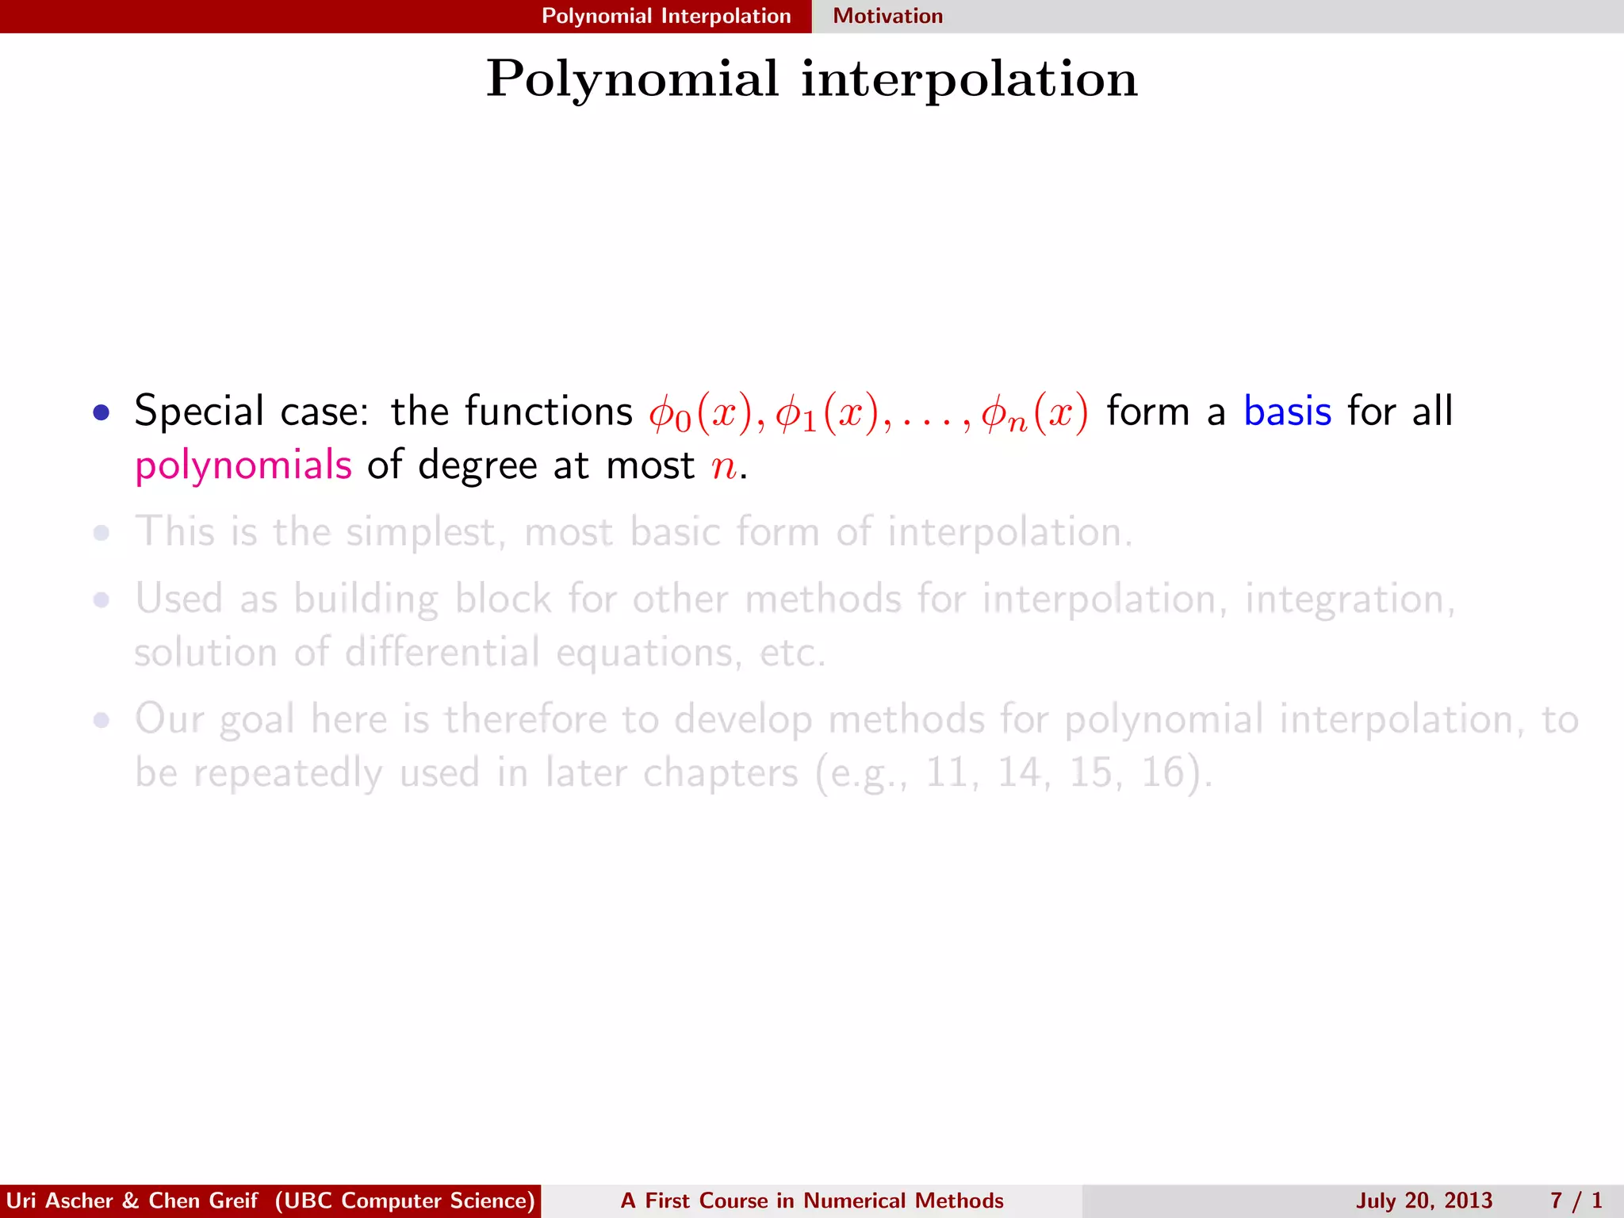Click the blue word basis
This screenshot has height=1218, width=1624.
tap(1287, 412)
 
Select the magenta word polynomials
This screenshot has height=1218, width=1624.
tap(243, 466)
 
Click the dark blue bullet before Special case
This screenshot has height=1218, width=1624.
tap(101, 412)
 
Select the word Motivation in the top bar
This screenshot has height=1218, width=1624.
tap(887, 16)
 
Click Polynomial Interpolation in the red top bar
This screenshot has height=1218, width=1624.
tap(666, 16)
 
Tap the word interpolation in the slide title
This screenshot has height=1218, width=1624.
tap(969, 79)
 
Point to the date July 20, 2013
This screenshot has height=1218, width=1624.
tap(1423, 1201)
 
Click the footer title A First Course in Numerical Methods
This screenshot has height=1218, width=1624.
tap(812, 1201)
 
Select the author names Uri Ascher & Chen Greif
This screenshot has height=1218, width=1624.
tap(132, 1201)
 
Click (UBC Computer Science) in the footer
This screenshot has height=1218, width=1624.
tap(405, 1201)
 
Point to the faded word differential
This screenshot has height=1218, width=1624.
tap(442, 653)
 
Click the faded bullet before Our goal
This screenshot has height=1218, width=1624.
tap(101, 721)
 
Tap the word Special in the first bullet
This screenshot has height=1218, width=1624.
tap(198, 412)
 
